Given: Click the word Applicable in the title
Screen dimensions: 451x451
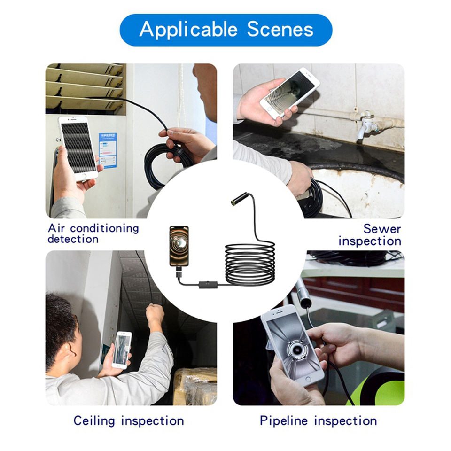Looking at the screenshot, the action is tap(188, 30).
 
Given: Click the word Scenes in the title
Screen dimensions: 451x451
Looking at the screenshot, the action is tap(280, 29).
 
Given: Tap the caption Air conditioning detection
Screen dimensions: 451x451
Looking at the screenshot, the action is tap(93, 233).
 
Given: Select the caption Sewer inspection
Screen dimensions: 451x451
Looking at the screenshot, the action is tap(370, 235).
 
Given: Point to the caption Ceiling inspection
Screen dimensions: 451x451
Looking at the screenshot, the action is tap(129, 421).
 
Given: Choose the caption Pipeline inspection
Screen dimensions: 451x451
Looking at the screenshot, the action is tap(318, 421).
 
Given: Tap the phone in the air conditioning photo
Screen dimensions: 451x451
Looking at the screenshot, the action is tap(78, 148).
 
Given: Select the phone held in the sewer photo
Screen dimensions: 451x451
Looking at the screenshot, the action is tap(289, 93).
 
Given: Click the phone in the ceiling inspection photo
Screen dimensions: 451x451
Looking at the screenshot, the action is tap(122, 350).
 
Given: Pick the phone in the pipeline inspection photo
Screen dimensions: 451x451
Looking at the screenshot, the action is tap(292, 346).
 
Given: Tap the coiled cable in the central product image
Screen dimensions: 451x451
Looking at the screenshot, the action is tap(249, 263).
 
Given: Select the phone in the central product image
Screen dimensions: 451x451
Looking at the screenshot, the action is tap(179, 246).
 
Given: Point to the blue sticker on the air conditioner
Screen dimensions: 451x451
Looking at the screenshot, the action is tap(108, 150).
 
